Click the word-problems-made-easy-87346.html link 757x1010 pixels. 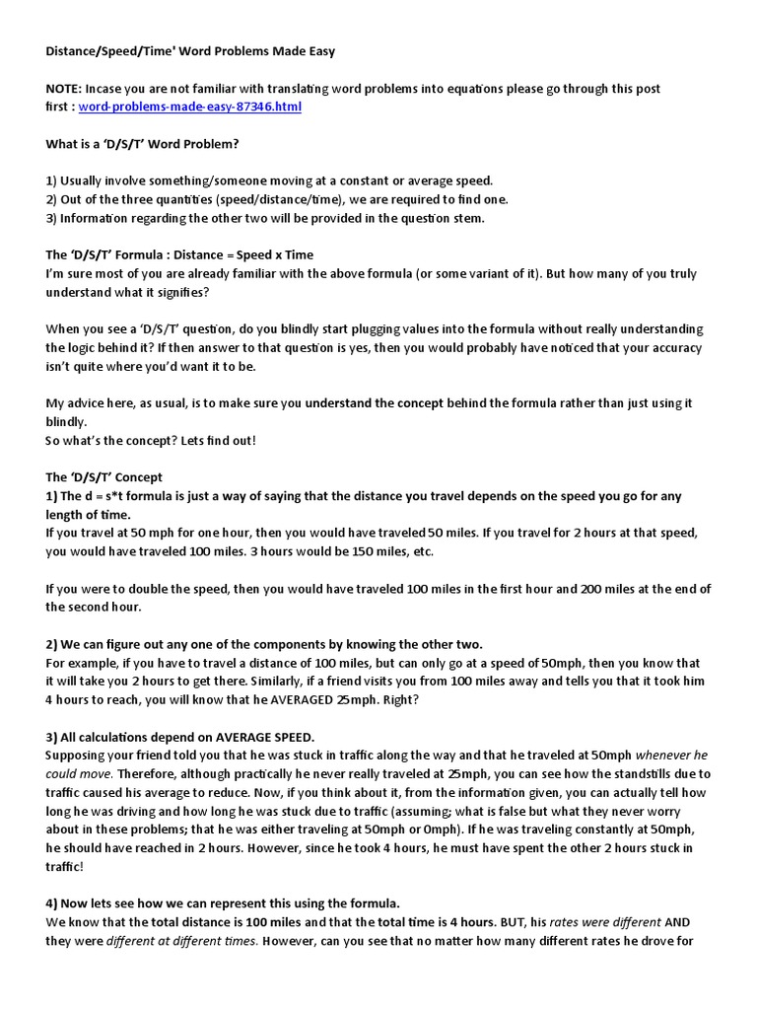[190, 107]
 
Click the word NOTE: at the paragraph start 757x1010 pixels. [65, 89]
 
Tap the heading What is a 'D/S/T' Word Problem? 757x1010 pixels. [142, 144]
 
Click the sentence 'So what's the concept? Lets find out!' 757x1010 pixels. [150, 440]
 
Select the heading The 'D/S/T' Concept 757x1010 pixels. [103, 477]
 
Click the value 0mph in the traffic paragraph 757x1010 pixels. [435, 830]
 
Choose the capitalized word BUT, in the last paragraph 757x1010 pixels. [518, 922]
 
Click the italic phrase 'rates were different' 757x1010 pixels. [606, 922]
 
